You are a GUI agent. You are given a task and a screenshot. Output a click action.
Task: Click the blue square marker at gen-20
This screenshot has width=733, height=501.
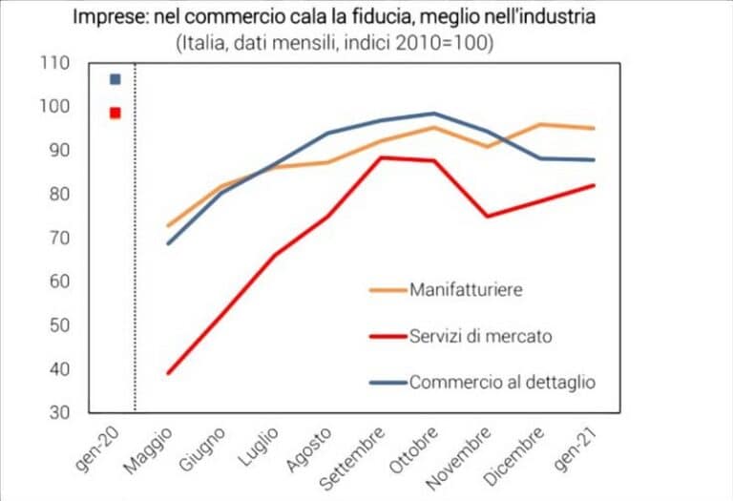[115, 79]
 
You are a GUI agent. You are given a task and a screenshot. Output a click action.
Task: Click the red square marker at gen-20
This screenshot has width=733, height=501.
[115, 113]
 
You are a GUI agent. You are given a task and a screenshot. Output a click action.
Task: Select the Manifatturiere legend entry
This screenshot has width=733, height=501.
[466, 289]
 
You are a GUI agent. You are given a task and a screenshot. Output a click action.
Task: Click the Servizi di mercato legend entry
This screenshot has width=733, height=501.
[481, 336]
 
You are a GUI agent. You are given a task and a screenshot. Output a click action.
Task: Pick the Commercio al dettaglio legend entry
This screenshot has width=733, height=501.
[502, 382]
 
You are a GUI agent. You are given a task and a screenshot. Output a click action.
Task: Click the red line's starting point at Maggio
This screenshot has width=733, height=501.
[168, 373]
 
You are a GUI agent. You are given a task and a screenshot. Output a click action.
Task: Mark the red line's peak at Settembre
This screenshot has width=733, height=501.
[382, 157]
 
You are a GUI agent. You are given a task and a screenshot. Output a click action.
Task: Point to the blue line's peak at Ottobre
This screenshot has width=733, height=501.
[435, 114]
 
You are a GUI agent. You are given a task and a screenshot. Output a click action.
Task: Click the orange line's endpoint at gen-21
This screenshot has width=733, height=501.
[594, 128]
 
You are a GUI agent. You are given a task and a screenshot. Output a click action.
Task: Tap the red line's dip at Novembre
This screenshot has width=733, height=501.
[489, 216]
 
